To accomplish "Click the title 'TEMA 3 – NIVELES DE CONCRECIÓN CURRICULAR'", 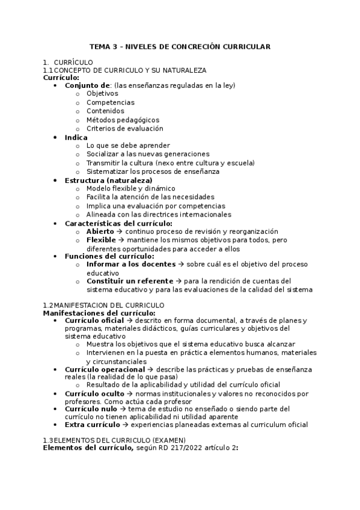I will [180, 46].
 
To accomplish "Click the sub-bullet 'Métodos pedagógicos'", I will [114, 120].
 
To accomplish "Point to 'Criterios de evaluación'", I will [124, 128].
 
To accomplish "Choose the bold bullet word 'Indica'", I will [76, 137].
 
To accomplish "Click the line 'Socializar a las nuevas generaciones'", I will [148, 154].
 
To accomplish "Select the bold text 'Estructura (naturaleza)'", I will [108, 180].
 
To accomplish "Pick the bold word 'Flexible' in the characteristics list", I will [100, 240].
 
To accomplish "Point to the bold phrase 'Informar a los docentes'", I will [129, 264].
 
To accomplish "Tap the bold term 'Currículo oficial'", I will [94, 321].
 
